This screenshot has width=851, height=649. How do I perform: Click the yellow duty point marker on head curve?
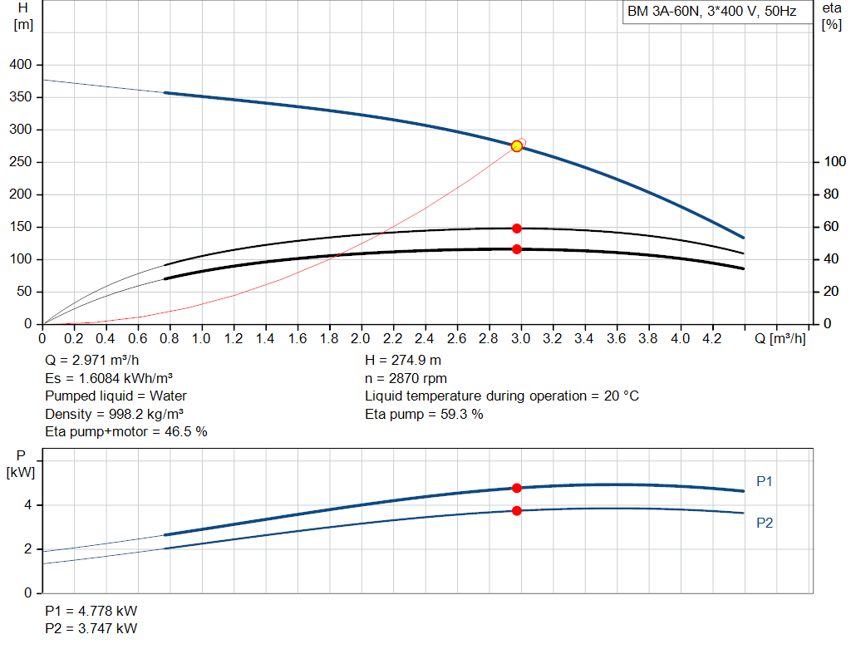(x=517, y=146)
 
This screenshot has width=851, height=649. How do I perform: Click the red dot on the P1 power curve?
(x=517, y=489)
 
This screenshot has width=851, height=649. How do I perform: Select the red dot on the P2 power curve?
(x=517, y=510)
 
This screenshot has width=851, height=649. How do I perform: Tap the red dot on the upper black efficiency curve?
(x=517, y=229)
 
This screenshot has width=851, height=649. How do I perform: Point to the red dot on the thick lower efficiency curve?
(x=517, y=249)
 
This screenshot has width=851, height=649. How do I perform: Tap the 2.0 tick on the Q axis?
(x=361, y=339)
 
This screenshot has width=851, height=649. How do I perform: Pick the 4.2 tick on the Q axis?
(x=711, y=339)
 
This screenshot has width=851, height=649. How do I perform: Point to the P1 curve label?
(x=765, y=481)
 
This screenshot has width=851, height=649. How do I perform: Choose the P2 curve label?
(x=765, y=523)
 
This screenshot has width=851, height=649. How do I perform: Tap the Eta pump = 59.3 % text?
(x=424, y=414)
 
